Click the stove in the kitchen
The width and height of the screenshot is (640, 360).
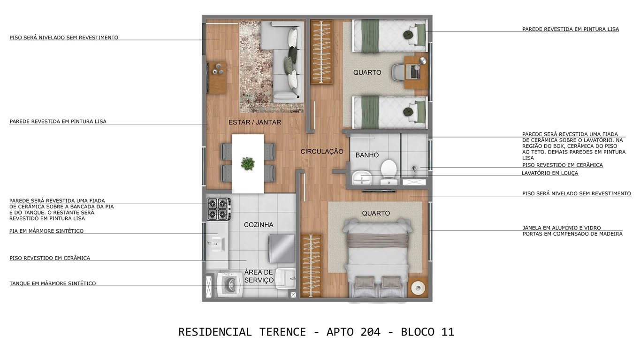pyautogui.click(x=219, y=209)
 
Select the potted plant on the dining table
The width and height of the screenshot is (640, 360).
pyautogui.click(x=247, y=163)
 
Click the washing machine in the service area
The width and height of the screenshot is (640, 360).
pyautogui.click(x=229, y=284)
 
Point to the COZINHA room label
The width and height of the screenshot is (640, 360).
pyautogui.click(x=258, y=225)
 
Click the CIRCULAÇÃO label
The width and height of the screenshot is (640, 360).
pyautogui.click(x=322, y=152)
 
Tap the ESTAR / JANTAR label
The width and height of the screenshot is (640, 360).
pyautogui.click(x=254, y=122)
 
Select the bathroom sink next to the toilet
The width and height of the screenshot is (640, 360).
pyautogui.click(x=361, y=178)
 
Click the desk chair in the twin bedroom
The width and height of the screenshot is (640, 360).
pyautogui.click(x=399, y=72)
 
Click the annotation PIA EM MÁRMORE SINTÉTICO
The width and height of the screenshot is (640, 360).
pyautogui.click(x=46, y=231)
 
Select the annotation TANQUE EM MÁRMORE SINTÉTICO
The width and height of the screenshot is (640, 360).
pyautogui.click(x=53, y=283)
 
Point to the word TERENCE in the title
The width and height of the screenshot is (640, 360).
pyautogui.click(x=282, y=332)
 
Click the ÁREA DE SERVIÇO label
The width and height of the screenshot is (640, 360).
pyautogui.click(x=259, y=276)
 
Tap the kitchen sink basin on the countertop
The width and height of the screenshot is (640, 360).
pyautogui.click(x=217, y=243)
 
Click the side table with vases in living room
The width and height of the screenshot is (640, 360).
pyautogui.click(x=217, y=77)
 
